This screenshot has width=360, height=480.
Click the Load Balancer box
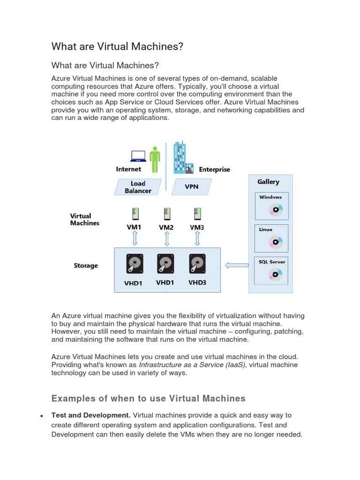pyautogui.click(x=138, y=187)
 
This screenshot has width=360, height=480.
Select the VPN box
pyautogui.click(x=191, y=187)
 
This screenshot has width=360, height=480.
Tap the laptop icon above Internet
pyautogui.click(x=138, y=156)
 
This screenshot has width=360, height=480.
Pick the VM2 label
pyautogui.click(x=166, y=227)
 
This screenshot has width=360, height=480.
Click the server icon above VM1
pyautogui.click(x=135, y=214)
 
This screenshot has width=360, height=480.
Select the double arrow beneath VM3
pyautogui.click(x=197, y=238)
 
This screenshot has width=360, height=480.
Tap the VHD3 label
pyautogui.click(x=197, y=283)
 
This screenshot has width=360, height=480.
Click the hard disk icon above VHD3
pyautogui.click(x=197, y=263)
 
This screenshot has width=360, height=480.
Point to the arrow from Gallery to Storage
pyautogui.click(x=237, y=265)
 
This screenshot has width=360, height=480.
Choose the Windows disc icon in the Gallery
pyautogui.click(x=276, y=210)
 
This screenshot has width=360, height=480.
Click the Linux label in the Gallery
pyautogui.click(x=266, y=230)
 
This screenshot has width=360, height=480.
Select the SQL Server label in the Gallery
pyautogui.click(x=272, y=262)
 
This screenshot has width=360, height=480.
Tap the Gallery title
pyautogui.click(x=268, y=182)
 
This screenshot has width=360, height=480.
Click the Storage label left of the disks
pyautogui.click(x=86, y=265)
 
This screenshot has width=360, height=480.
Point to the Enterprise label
pyautogui.click(x=214, y=169)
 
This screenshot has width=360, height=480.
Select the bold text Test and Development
pyautogui.click(x=90, y=415)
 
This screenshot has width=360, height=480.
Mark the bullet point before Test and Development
pyautogui.click(x=42, y=416)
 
